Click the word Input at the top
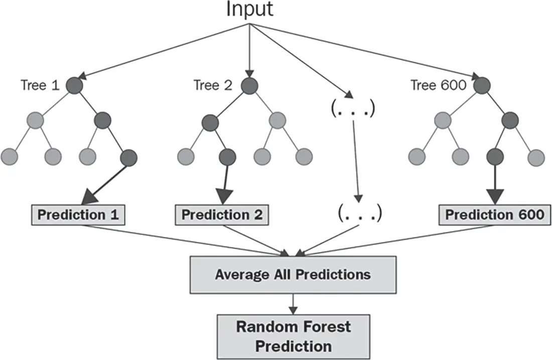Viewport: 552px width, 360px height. click(249, 10)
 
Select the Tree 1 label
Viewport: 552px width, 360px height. click(40, 85)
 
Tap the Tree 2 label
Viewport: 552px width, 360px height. click(213, 85)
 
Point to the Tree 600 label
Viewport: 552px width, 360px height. click(438, 85)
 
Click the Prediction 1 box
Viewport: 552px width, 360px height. click(78, 215)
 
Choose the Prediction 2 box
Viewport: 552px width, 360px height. click(222, 215)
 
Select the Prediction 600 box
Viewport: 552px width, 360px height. click(495, 215)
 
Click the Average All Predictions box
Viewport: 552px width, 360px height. click(293, 275)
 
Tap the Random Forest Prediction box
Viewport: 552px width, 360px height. click(293, 337)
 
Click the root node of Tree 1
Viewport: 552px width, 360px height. click(74, 85)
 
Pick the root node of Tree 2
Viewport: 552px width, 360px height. click(249, 85)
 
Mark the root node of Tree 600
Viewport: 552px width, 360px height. click(482, 85)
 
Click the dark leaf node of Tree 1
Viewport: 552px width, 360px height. click(128, 158)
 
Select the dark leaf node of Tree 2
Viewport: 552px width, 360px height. click(227, 157)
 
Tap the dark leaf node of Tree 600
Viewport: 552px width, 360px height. click(495, 157)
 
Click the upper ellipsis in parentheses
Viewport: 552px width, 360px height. click(352, 108)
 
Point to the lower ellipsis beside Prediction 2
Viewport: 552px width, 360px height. click(359, 213)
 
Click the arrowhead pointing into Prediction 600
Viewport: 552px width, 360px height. click(495, 196)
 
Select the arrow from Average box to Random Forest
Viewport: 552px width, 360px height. click(293, 304)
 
